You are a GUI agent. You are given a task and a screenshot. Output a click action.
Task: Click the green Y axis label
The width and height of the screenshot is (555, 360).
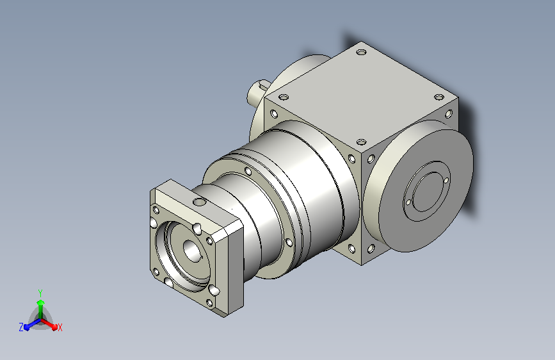pyautogui.click(x=40, y=293)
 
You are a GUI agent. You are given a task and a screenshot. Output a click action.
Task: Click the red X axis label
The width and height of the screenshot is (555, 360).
pyautogui.click(x=60, y=327)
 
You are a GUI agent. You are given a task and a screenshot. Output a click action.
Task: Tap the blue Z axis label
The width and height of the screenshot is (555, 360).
pyautogui.click(x=21, y=327)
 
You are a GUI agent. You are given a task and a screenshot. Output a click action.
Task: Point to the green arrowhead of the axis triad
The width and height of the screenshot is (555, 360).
pyautogui.click(x=41, y=302)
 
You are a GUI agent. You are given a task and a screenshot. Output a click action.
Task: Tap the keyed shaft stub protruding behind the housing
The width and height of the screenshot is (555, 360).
pyautogui.click(x=258, y=91)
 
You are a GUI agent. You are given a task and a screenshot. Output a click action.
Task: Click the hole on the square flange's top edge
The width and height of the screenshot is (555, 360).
pyautogui.click(x=200, y=202)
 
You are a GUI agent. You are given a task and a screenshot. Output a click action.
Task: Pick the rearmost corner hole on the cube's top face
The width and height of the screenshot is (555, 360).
pyautogui.click(x=361, y=52)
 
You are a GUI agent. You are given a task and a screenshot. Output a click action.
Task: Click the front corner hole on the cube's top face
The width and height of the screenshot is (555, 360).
pyautogui.click(x=361, y=142)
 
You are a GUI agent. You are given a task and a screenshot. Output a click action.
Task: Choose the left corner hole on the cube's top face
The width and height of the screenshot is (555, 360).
pyautogui.click(x=283, y=97)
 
